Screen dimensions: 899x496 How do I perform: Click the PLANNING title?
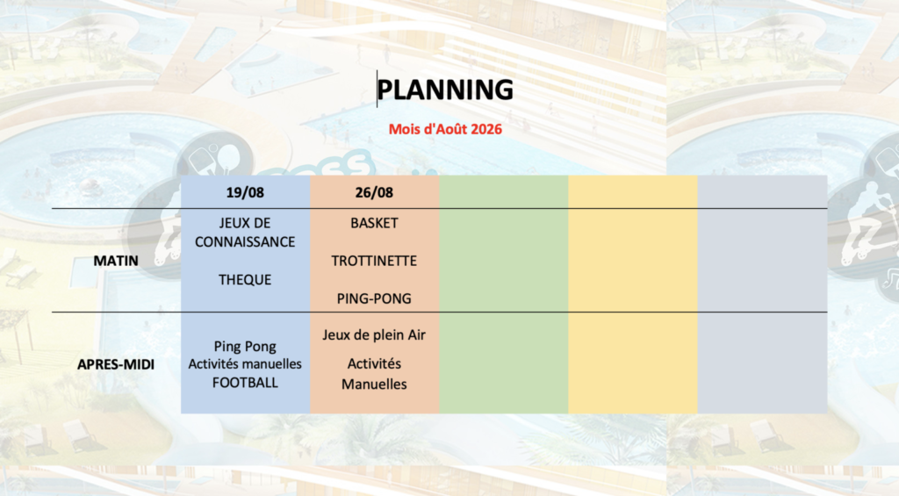click(445, 90)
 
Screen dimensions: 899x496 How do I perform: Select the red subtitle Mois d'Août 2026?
click(445, 129)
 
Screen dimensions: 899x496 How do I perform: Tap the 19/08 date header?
click(245, 192)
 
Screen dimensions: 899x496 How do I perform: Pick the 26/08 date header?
click(374, 192)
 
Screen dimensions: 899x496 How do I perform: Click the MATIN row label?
click(116, 261)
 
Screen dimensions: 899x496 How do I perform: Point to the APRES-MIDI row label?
click(116, 364)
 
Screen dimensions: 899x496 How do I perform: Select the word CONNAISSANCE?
click(245, 242)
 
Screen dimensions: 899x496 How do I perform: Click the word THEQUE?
click(245, 280)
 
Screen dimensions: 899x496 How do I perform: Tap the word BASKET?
click(374, 223)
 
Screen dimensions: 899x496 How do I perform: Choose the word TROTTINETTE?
click(374, 261)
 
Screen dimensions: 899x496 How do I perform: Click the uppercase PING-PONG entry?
click(374, 298)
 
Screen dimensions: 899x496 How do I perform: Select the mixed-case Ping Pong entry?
click(245, 347)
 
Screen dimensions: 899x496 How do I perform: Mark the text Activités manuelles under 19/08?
click(245, 364)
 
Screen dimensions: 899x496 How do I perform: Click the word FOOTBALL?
click(245, 383)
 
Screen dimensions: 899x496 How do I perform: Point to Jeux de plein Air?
click(374, 334)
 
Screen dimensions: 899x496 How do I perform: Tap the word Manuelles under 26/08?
click(374, 385)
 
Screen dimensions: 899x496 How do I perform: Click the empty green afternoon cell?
click(503, 363)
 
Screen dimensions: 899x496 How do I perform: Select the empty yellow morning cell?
click(633, 261)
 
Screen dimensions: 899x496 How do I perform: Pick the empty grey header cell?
click(763, 192)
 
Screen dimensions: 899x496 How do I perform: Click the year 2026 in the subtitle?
click(486, 129)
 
